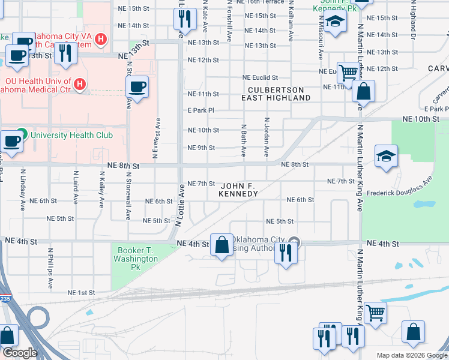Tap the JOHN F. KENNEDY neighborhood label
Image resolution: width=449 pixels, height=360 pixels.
point(239,190)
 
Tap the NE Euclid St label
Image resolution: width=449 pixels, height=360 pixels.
point(260,77)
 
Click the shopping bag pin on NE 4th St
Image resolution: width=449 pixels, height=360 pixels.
point(221,244)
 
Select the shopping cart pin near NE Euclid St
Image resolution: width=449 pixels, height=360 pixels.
point(348,73)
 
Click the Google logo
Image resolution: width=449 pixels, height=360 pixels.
point(20,353)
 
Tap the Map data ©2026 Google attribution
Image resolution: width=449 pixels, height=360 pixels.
point(411,355)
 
